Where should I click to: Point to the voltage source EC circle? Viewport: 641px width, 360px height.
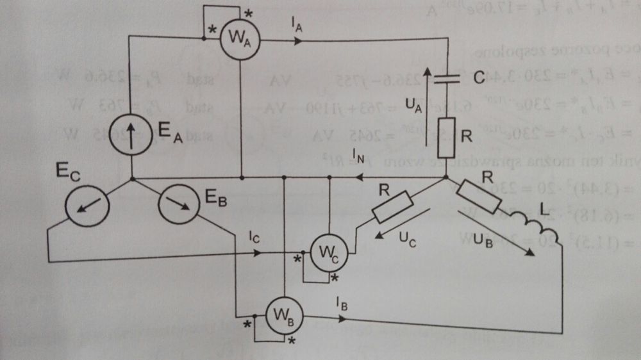point(87,206)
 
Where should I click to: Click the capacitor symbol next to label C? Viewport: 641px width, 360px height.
point(447,79)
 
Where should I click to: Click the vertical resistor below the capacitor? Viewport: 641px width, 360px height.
point(447,136)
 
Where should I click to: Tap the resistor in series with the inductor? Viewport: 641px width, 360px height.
point(480,195)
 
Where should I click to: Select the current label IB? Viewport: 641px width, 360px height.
point(342,303)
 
